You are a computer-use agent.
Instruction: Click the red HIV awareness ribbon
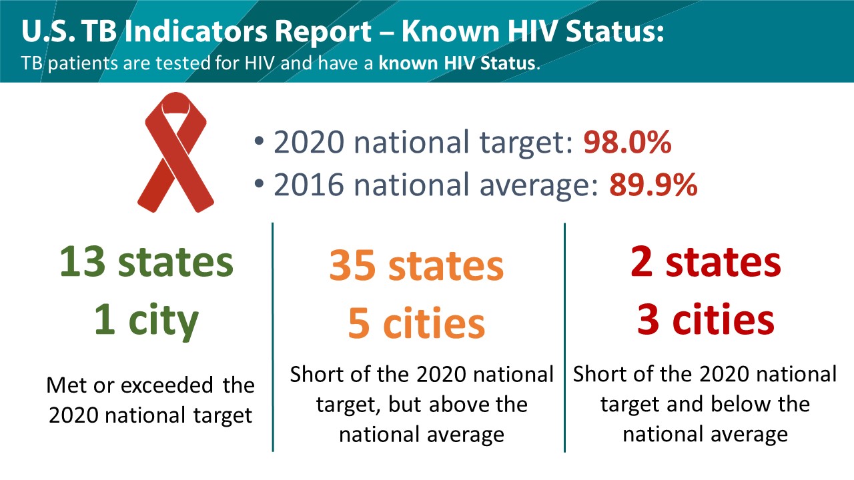pos(175,153)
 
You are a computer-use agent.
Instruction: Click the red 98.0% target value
pos(627,142)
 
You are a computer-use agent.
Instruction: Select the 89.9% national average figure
pos(653,185)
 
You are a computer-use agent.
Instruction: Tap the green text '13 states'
pos(146,262)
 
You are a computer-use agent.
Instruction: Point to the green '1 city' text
pos(146,320)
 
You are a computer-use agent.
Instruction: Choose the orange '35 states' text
pos(416,265)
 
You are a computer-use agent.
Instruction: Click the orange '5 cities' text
pos(416,323)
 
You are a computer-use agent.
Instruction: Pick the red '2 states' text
pos(706,262)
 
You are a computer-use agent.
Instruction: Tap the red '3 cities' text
pos(706,319)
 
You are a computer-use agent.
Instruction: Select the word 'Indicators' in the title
pos(196,31)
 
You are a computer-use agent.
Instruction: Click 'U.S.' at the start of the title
pos(48,31)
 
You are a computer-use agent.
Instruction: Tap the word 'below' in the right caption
pos(741,404)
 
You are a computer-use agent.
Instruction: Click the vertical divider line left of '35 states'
pos(273,337)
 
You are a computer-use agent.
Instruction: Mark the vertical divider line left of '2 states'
pos(564,337)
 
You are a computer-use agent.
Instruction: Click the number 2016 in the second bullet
pos(309,185)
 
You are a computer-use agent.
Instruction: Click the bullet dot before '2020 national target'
pos(260,141)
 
